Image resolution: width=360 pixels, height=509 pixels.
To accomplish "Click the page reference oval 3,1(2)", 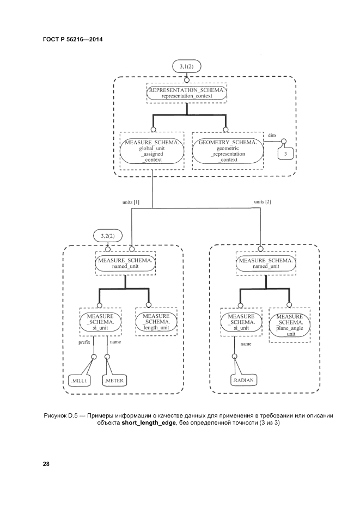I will click(x=187, y=66).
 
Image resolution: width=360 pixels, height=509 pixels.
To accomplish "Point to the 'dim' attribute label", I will click(x=272, y=135).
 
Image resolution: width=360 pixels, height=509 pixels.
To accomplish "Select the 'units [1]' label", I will click(x=131, y=202).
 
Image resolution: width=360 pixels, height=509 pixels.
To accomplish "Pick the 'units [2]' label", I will click(x=262, y=201).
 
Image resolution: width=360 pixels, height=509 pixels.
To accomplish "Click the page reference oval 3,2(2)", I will click(x=107, y=236).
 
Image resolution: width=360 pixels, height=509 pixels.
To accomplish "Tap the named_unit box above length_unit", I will click(x=126, y=263).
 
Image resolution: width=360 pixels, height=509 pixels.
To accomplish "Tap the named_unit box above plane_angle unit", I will click(x=266, y=263).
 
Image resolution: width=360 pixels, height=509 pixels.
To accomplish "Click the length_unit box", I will click(x=156, y=322).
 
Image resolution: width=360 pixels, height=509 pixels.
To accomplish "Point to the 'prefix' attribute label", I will click(x=84, y=342).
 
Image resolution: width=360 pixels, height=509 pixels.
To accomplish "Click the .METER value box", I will click(x=114, y=381).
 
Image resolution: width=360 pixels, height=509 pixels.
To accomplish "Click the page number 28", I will click(x=46, y=464).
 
